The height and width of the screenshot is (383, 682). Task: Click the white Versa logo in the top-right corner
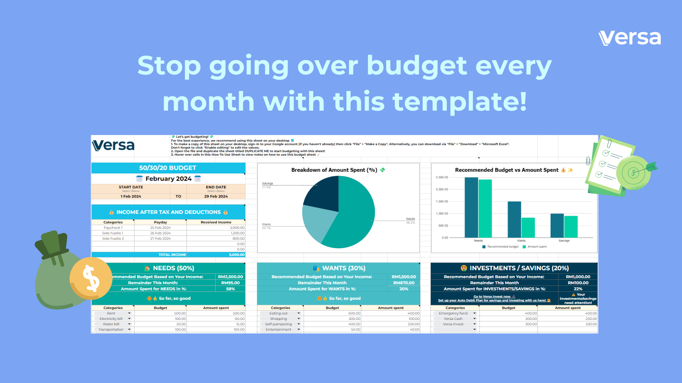click(x=629, y=38)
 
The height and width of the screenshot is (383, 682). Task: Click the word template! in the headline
click(x=459, y=102)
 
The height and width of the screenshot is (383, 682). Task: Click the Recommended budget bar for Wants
click(x=514, y=219)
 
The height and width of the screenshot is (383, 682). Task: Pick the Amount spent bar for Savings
click(x=571, y=227)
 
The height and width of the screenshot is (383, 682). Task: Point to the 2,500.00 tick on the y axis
click(x=442, y=177)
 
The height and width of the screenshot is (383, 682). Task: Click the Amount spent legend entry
click(x=537, y=246)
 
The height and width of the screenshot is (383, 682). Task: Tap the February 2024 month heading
click(x=168, y=179)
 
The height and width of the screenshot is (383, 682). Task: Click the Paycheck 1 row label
click(x=113, y=228)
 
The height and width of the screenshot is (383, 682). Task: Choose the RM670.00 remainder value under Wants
click(x=404, y=283)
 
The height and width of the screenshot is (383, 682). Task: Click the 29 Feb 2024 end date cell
click(x=216, y=196)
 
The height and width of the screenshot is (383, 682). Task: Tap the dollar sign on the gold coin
click(x=91, y=278)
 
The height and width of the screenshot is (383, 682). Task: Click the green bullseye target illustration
click(x=633, y=173)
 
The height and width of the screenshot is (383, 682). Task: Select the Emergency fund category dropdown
click(x=455, y=313)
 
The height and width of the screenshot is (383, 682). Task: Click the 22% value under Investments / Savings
click(x=578, y=289)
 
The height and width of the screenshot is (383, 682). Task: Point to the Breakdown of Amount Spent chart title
click(x=334, y=170)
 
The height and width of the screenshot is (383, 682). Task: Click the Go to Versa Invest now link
click(x=492, y=296)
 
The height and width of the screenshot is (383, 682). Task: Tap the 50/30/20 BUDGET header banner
click(x=168, y=168)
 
